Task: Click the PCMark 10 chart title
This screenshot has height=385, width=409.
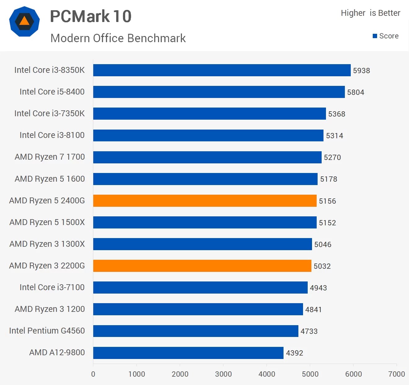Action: click(x=91, y=16)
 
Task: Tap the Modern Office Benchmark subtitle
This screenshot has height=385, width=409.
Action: click(x=118, y=38)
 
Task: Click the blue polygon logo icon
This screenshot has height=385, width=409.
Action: click(x=24, y=21)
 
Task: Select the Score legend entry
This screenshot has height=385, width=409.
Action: click(x=385, y=36)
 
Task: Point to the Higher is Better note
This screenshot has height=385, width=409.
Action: click(x=370, y=13)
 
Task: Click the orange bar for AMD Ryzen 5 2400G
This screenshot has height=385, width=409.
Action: click(x=205, y=201)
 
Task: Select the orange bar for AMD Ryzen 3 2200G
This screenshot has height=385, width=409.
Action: click(x=202, y=266)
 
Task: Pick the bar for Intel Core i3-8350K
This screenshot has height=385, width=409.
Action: click(x=222, y=70)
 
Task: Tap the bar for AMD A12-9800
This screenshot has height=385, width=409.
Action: click(x=188, y=353)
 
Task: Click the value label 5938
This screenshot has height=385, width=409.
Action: click(x=361, y=71)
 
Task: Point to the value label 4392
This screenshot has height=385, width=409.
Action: click(x=294, y=353)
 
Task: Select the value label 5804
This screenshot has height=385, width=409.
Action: click(x=355, y=92)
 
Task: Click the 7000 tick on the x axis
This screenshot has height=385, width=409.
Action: click(x=397, y=374)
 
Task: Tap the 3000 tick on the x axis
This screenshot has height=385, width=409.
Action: click(x=223, y=374)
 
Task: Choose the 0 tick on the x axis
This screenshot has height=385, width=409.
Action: click(x=93, y=374)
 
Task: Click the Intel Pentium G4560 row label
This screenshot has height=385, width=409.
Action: click(x=47, y=331)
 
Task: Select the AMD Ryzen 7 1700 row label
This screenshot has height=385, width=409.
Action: click(x=50, y=157)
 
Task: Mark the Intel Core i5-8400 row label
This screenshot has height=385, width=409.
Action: click(x=52, y=92)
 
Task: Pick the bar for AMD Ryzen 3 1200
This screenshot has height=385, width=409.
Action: click(x=198, y=309)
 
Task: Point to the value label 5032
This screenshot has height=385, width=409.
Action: click(x=322, y=266)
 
